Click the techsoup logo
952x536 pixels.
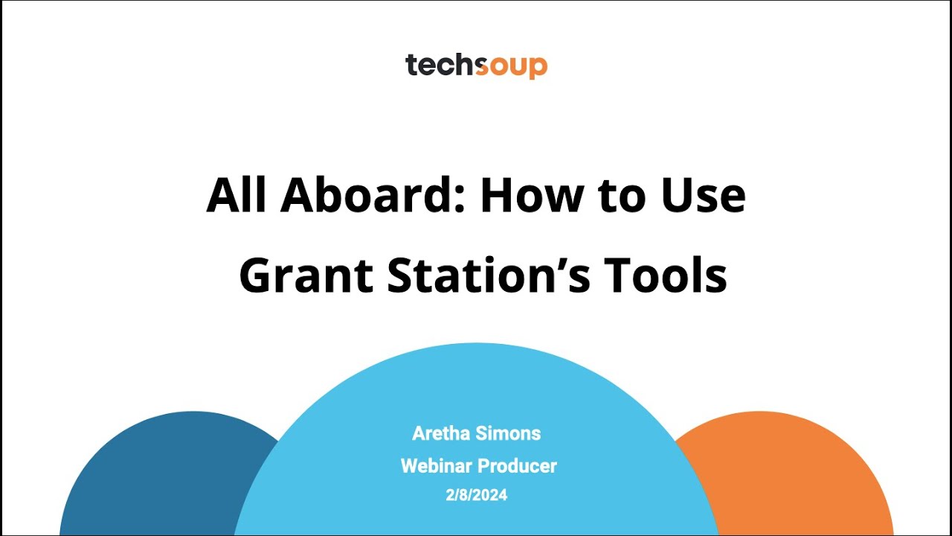point(476,66)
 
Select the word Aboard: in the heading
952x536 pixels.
point(372,195)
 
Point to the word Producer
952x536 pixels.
point(517,466)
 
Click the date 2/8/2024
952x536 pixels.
point(476,494)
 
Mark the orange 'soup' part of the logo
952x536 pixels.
point(511,66)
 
